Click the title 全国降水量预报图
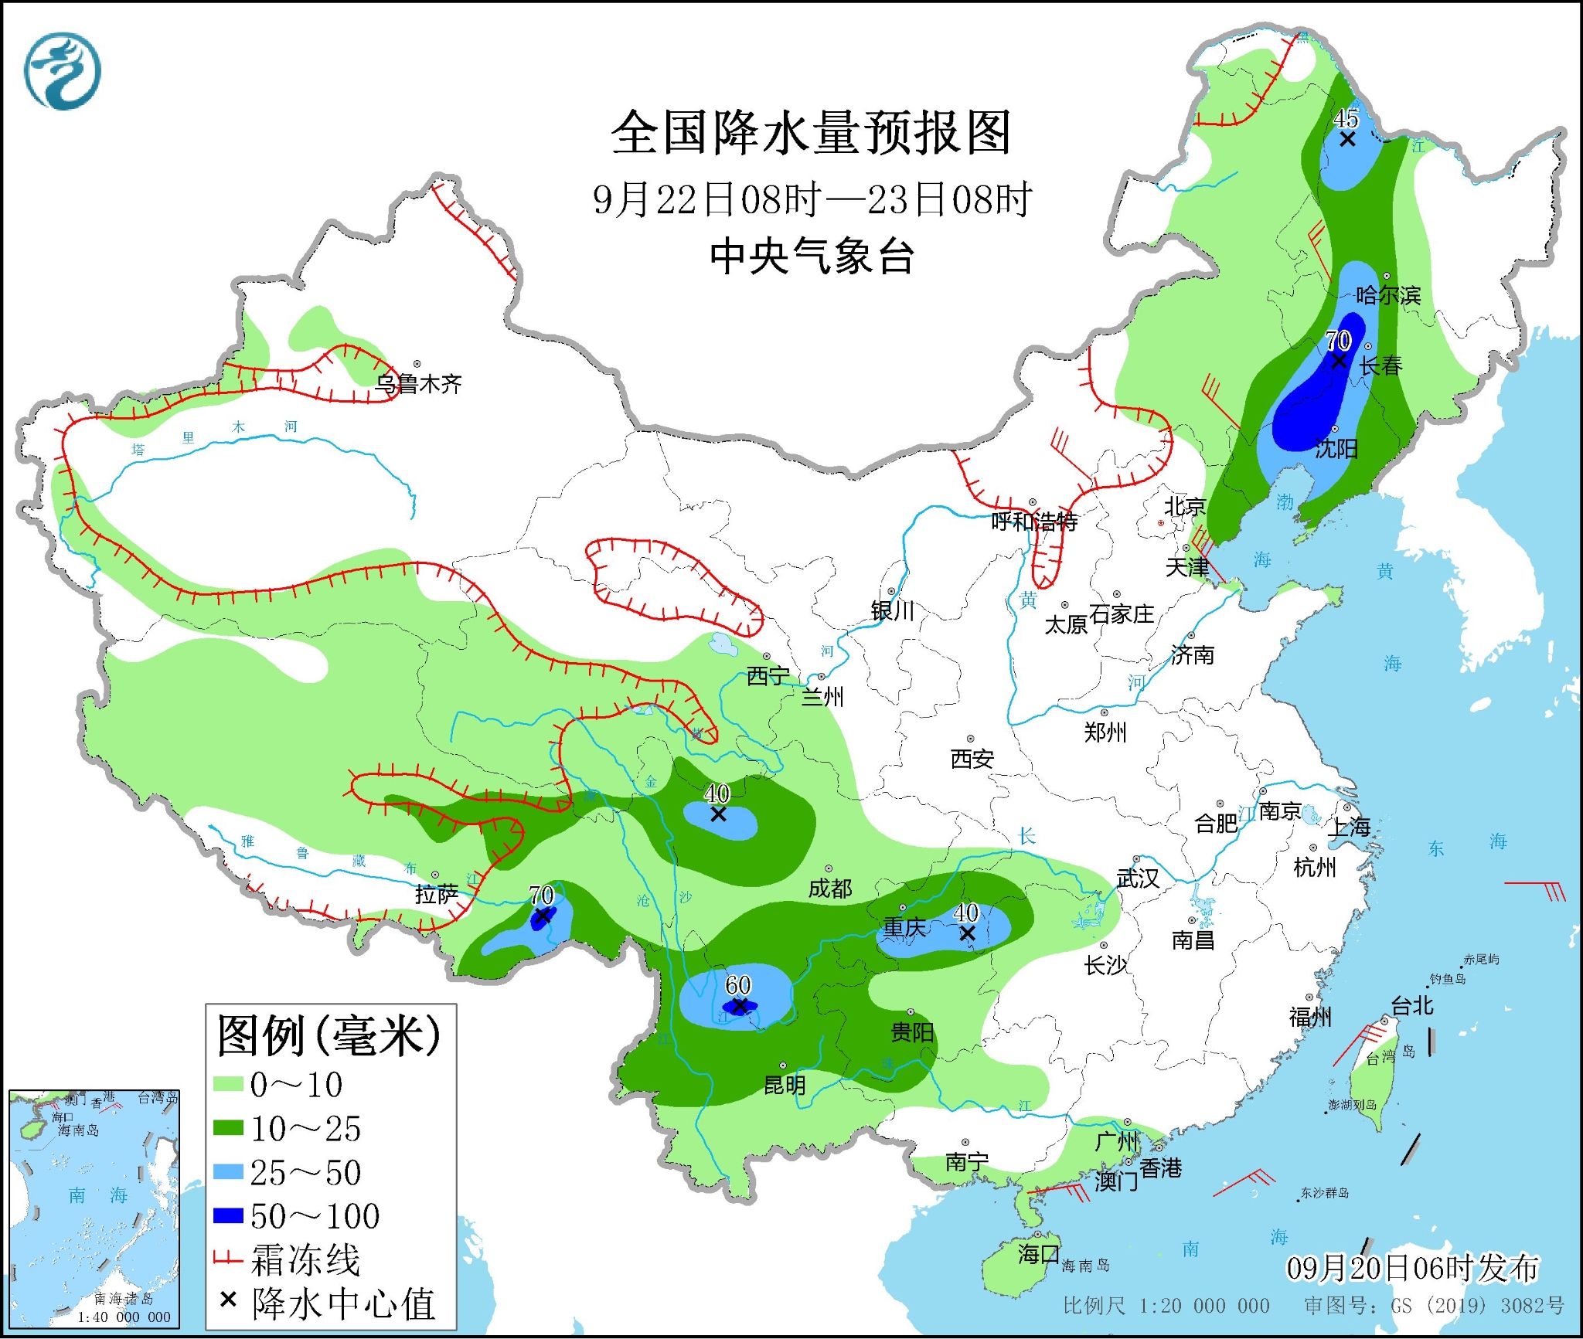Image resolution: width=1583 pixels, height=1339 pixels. pos(811,133)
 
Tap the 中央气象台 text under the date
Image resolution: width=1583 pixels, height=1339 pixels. pos(812,257)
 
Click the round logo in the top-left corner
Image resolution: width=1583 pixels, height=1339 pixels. pos(62,71)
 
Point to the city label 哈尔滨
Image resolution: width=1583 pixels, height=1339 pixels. pos(1388,295)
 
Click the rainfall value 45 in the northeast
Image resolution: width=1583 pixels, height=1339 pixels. pos(1346,118)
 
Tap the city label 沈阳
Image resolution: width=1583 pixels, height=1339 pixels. pos(1336,448)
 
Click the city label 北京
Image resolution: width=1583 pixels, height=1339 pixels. pos(1185,506)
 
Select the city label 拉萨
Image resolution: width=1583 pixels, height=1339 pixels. pos(437,894)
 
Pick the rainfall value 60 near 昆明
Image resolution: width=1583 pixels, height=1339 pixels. pos(738,984)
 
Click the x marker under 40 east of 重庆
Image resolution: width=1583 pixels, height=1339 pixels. pos(967,933)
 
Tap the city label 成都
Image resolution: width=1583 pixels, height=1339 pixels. pos(830,889)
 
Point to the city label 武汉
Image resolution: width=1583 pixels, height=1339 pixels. pos(1138,878)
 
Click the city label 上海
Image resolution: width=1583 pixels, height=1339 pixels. pos(1349,828)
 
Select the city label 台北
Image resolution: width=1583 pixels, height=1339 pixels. pos(1412,1005)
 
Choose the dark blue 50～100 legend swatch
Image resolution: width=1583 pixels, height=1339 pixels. pos(229,1216)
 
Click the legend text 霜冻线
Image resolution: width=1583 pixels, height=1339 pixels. pos(305,1260)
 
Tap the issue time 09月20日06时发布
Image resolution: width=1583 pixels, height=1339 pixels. pos(1412,1268)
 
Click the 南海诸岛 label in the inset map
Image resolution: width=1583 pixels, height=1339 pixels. pos(124,1299)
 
